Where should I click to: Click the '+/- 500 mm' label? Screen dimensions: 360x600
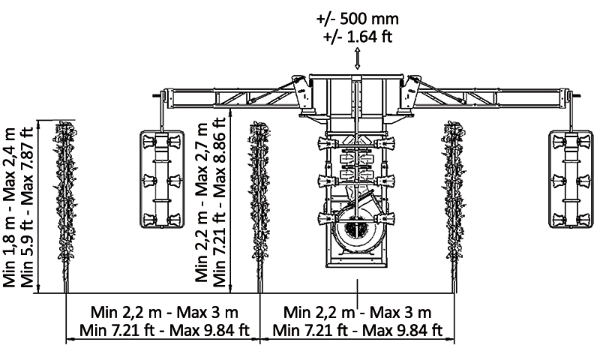[x=357, y=18]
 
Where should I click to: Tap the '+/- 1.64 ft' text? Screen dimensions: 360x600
[x=357, y=34]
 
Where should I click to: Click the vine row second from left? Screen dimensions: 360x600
[x=259, y=202]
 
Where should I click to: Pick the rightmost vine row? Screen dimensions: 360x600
[x=453, y=202]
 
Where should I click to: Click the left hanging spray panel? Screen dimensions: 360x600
[x=161, y=178]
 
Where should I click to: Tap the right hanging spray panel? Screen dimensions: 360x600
[x=570, y=178]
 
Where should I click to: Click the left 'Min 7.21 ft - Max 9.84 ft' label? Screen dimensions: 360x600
[x=163, y=330]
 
